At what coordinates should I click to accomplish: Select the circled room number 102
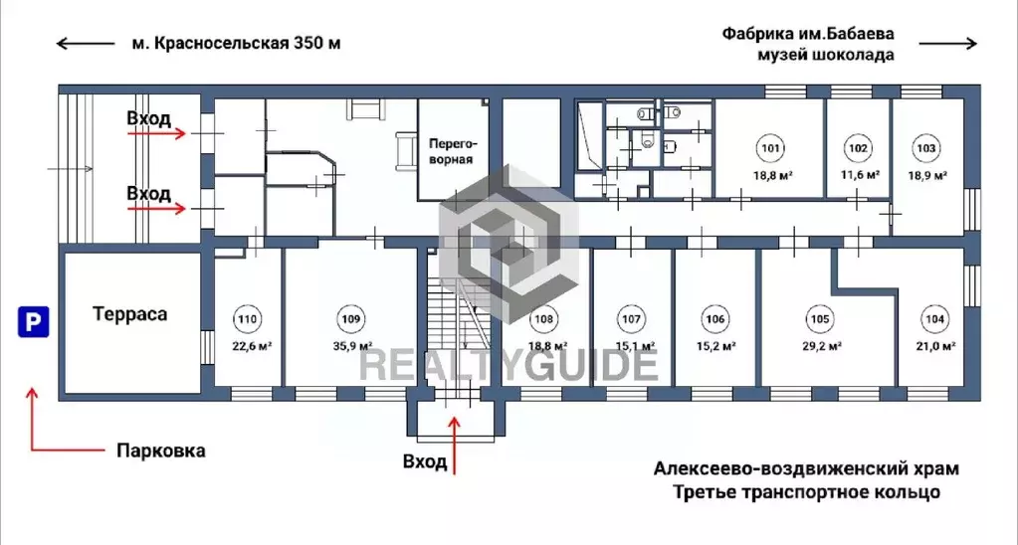(x=857, y=149)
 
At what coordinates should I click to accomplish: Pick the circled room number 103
(x=925, y=149)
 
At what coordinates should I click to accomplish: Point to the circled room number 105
(x=818, y=319)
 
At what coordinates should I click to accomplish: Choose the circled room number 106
(x=714, y=319)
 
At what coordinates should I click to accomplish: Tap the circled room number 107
(x=631, y=319)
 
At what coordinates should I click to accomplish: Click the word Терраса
(x=129, y=314)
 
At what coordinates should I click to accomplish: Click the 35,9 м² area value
(x=350, y=346)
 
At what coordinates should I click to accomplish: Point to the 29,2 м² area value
(x=822, y=346)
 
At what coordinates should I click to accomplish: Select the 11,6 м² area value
(x=860, y=175)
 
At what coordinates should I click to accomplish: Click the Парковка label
(x=161, y=451)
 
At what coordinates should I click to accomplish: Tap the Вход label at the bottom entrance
(x=425, y=461)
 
